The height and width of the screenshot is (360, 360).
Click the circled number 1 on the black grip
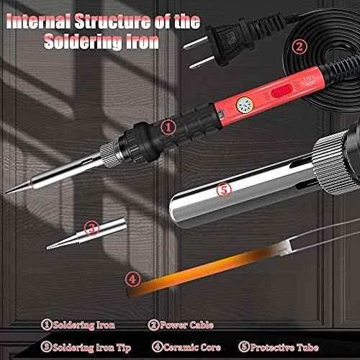coord(167,127)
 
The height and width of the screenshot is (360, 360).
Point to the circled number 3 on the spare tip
coord(91,229)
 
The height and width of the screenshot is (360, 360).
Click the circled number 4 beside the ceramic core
coord(132,278)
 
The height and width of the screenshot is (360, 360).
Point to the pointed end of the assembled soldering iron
coord(7,191)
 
